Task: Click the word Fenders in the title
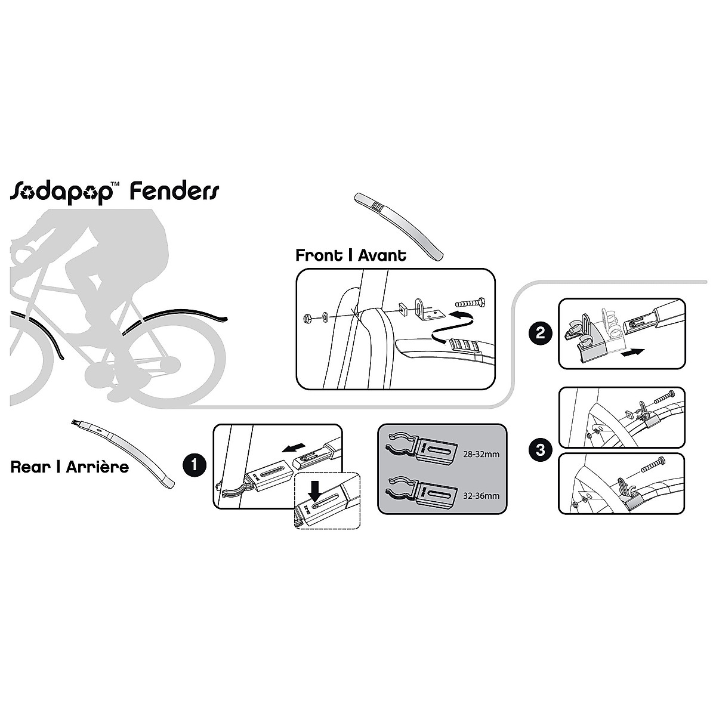coord(174,192)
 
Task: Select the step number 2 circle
coord(541,333)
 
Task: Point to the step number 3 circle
coord(541,450)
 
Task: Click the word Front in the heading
coord(319,256)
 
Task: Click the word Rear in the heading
coord(30,467)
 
